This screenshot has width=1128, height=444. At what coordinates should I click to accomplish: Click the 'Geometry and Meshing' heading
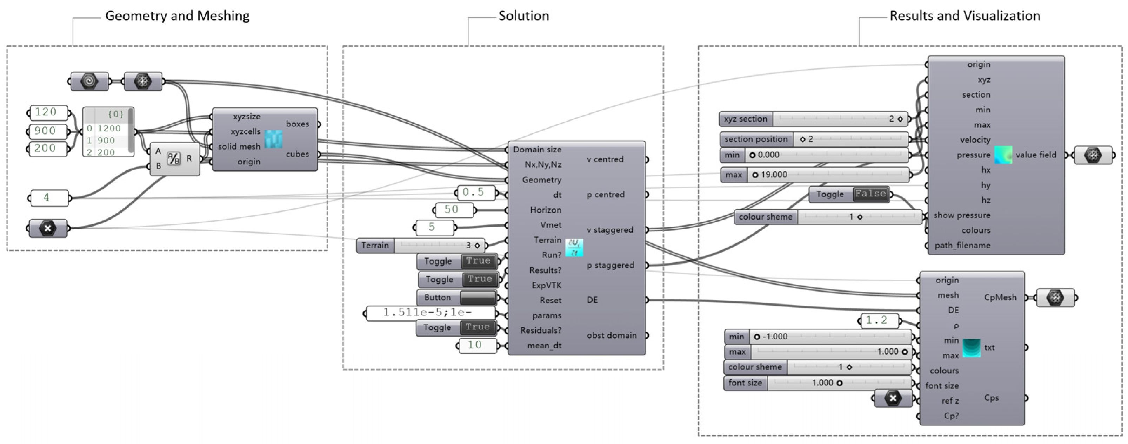(x=177, y=16)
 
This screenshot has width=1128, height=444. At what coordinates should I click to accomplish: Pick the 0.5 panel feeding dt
(x=475, y=192)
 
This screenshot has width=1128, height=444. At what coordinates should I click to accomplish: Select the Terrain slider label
(x=375, y=246)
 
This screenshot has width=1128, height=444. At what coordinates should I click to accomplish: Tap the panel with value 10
(x=476, y=345)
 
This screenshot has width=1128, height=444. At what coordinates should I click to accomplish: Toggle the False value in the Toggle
(x=870, y=194)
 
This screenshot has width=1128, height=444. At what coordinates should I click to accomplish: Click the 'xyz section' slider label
(x=746, y=119)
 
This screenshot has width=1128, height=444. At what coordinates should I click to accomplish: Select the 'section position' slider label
(x=756, y=139)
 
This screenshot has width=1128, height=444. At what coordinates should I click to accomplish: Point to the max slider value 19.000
(x=774, y=175)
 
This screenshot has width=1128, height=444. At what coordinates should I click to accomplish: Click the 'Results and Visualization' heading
(x=965, y=16)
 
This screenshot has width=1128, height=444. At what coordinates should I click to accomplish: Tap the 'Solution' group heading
(x=524, y=16)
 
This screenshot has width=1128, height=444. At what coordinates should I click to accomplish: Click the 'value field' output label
(x=1036, y=155)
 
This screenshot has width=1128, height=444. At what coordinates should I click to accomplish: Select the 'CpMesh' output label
(x=1000, y=298)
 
